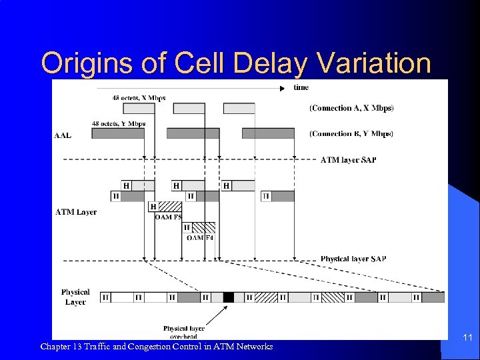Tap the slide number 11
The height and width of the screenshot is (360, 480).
467,339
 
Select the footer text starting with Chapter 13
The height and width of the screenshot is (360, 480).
156,347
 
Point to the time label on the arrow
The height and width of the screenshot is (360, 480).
301,87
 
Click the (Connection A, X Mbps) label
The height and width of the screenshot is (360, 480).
351,108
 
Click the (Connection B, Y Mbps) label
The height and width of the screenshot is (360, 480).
351,134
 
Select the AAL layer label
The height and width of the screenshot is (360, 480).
63,135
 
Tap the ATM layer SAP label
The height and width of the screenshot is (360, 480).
348,160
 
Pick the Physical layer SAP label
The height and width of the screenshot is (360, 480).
353,259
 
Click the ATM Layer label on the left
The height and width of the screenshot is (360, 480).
75,212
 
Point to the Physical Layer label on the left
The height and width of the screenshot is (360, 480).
75,297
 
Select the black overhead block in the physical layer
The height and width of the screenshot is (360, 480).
229,297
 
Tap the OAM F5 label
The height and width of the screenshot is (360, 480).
168,217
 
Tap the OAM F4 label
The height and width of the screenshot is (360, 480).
200,237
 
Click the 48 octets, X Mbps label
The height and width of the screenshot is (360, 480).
139,98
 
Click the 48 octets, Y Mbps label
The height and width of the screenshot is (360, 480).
118,123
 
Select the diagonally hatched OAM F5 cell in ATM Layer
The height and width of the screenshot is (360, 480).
170,207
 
